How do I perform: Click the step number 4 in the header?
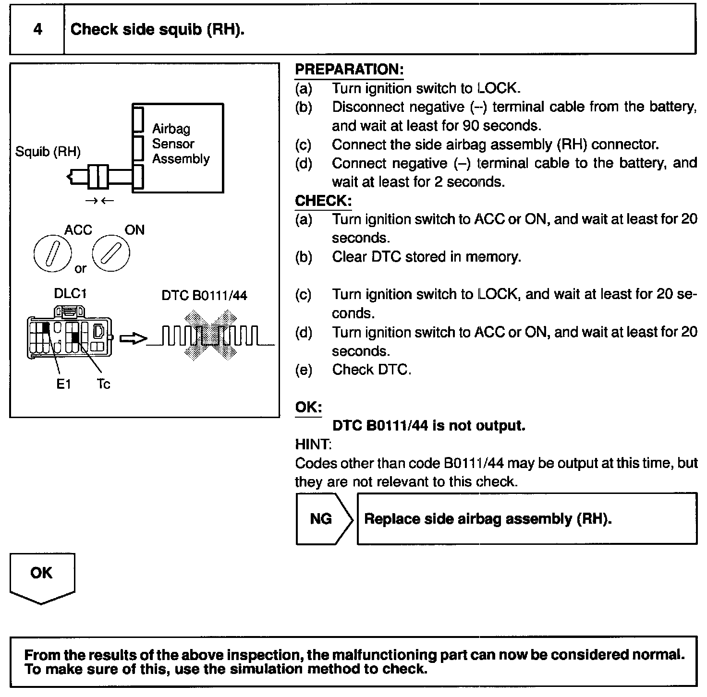(37, 30)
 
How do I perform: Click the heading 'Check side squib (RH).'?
(158, 30)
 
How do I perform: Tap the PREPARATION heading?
(349, 70)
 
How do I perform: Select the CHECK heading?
(323, 201)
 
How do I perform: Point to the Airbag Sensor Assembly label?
(181, 144)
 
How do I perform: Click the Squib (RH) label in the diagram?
(48, 152)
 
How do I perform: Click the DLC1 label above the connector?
(70, 293)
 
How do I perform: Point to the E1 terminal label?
(63, 384)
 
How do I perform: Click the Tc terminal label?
(103, 384)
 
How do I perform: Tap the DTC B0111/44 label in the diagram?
(204, 295)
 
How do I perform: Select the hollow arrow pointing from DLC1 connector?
(133, 338)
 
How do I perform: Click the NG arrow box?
(323, 519)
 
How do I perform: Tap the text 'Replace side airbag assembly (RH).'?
(488, 519)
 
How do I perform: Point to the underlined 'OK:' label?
(308, 407)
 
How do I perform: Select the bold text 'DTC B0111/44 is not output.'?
(428, 426)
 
